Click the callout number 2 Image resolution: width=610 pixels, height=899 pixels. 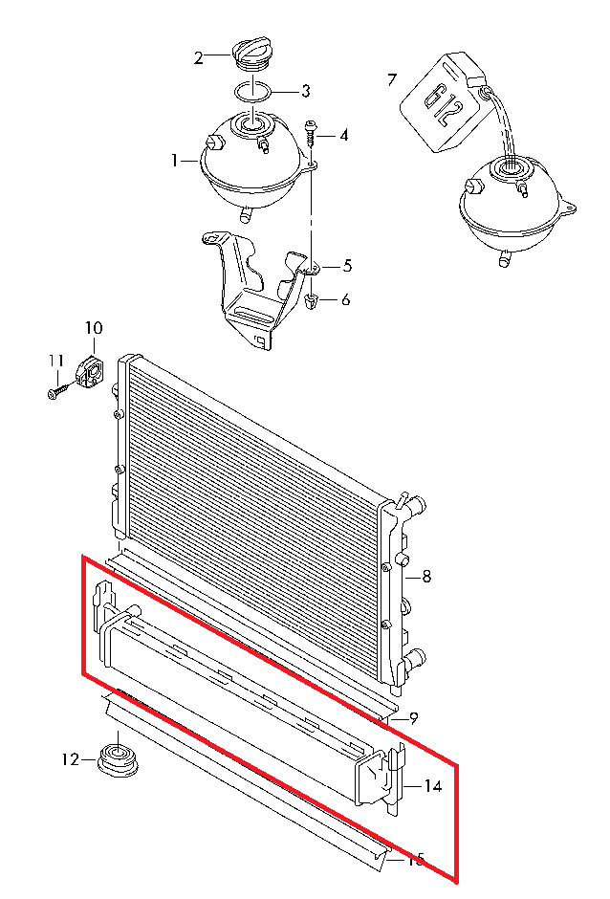tap(198, 58)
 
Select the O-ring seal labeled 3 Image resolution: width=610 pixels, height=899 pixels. tap(252, 92)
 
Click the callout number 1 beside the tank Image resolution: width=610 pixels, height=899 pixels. tap(175, 161)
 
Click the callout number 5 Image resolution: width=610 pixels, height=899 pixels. tap(347, 266)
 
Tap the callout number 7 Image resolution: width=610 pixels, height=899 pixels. tap(392, 79)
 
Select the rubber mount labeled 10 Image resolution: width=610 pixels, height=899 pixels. tap(91, 370)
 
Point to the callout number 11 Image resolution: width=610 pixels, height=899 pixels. tap(55, 362)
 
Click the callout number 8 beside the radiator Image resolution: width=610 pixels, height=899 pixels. tap(426, 576)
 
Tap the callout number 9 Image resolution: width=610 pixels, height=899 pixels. tap(413, 718)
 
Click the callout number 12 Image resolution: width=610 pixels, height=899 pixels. tap(70, 759)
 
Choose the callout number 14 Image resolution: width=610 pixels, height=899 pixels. tap(433, 785)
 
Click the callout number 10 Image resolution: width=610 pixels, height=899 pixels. tap(94, 328)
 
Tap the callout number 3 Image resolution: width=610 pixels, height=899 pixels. tap(306, 91)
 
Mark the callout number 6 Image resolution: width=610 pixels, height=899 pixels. tap(345, 300)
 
